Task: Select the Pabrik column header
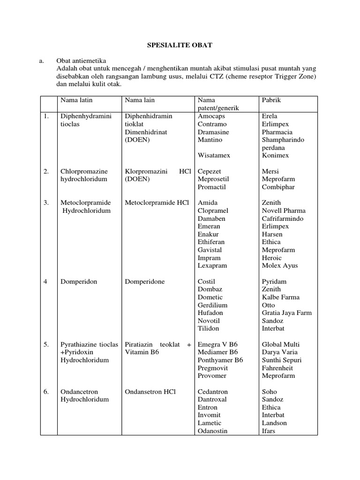click(271, 100)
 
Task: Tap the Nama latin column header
click(75, 100)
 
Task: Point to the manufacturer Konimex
click(276, 156)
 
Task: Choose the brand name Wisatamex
click(214, 156)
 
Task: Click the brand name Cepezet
click(210, 172)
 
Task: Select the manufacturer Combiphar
click(278, 187)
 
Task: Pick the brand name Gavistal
click(210, 250)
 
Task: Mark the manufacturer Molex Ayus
click(280, 266)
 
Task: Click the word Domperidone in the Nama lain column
click(145, 282)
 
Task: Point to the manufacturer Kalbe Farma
click(281, 297)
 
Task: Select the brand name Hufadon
click(210, 313)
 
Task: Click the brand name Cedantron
click(213, 392)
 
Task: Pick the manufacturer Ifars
click(269, 431)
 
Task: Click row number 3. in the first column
click(46, 203)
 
